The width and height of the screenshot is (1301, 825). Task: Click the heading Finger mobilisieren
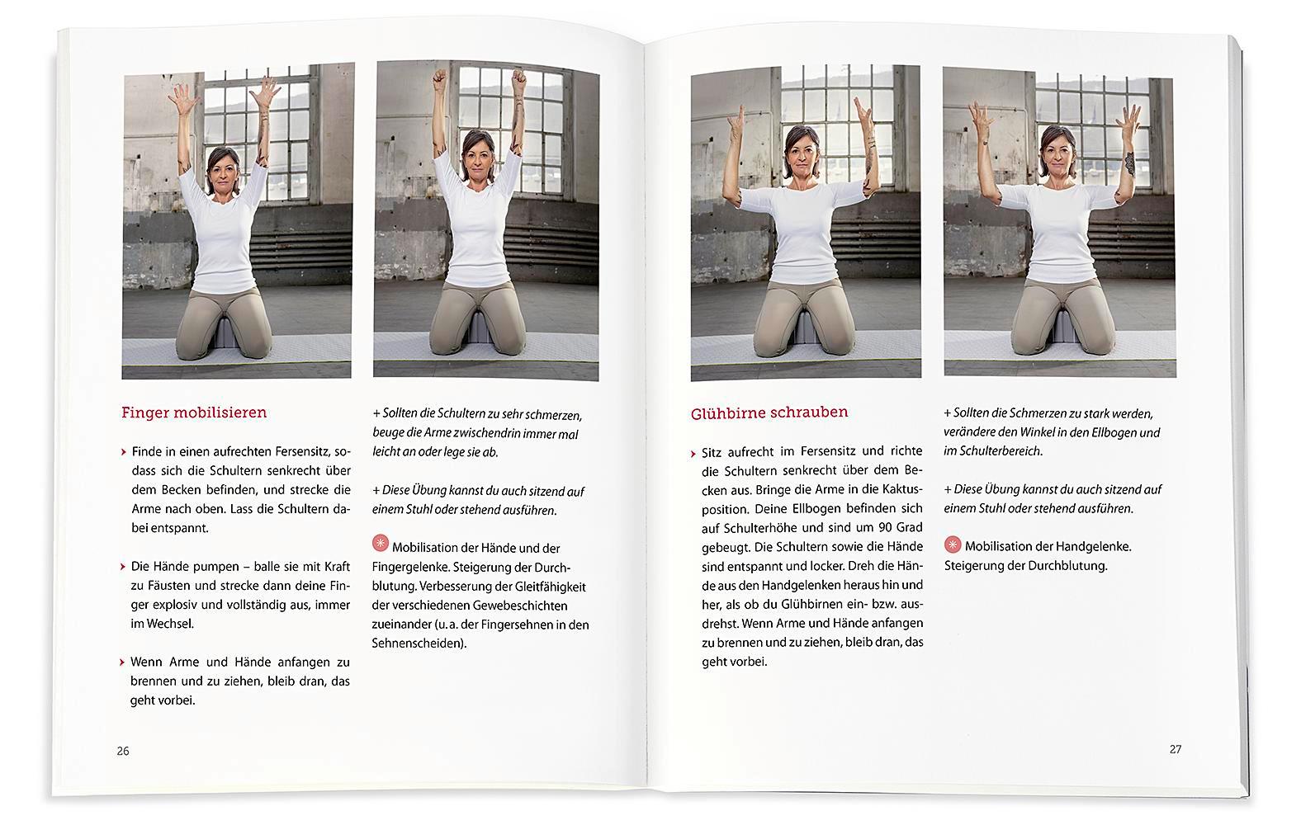[x=194, y=412]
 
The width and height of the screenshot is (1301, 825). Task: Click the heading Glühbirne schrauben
[x=769, y=412]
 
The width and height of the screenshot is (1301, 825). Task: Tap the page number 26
[x=123, y=751]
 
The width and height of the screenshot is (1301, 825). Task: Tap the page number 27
[x=1176, y=749]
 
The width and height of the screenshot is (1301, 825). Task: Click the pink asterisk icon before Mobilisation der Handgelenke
[x=953, y=545]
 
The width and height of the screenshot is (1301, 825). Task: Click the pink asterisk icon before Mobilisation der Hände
[x=381, y=543]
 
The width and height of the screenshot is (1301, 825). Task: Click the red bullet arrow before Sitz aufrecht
[x=694, y=453]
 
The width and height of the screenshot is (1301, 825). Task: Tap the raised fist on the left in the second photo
[x=439, y=81]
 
